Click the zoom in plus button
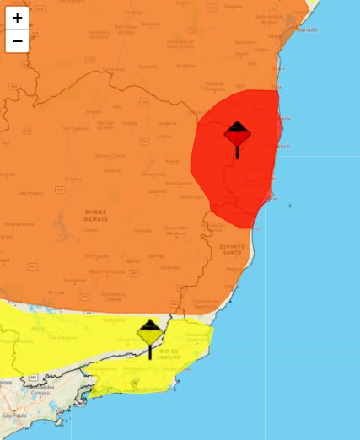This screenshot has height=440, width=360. point(17,18)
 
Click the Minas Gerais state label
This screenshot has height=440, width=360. point(96,214)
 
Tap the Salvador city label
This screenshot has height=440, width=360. point(307,29)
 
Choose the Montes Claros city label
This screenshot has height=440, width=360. point(110,156)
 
